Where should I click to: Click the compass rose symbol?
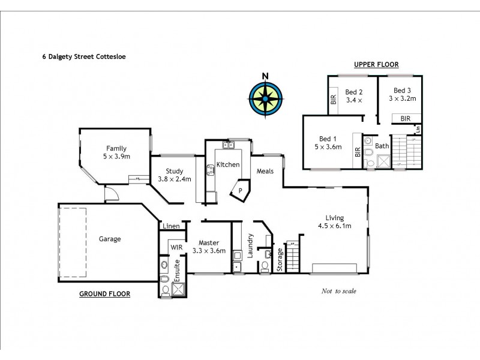(x=264, y=98)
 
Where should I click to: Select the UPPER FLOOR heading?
(x=376, y=64)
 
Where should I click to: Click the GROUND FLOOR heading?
(x=105, y=294)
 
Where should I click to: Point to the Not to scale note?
(x=338, y=291)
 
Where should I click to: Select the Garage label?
(x=110, y=239)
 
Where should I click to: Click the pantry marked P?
(x=240, y=191)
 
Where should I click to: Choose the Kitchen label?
(x=228, y=164)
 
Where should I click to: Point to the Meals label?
(x=265, y=171)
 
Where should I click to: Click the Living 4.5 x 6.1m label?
(x=338, y=222)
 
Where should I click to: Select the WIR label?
(x=176, y=247)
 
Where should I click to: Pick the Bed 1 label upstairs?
(x=328, y=143)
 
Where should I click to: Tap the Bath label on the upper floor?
(x=382, y=146)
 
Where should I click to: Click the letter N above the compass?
(x=264, y=76)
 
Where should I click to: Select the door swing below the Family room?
(x=110, y=193)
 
